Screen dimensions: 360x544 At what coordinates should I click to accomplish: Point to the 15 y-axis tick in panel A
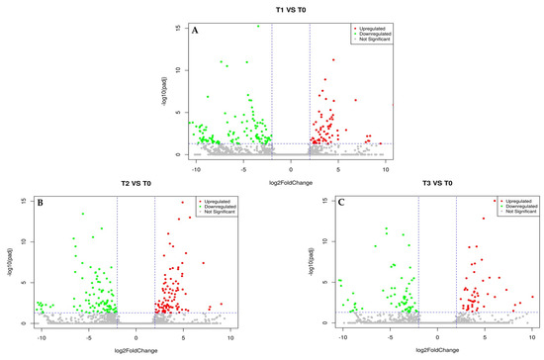pyautogui.click(x=178, y=28)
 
